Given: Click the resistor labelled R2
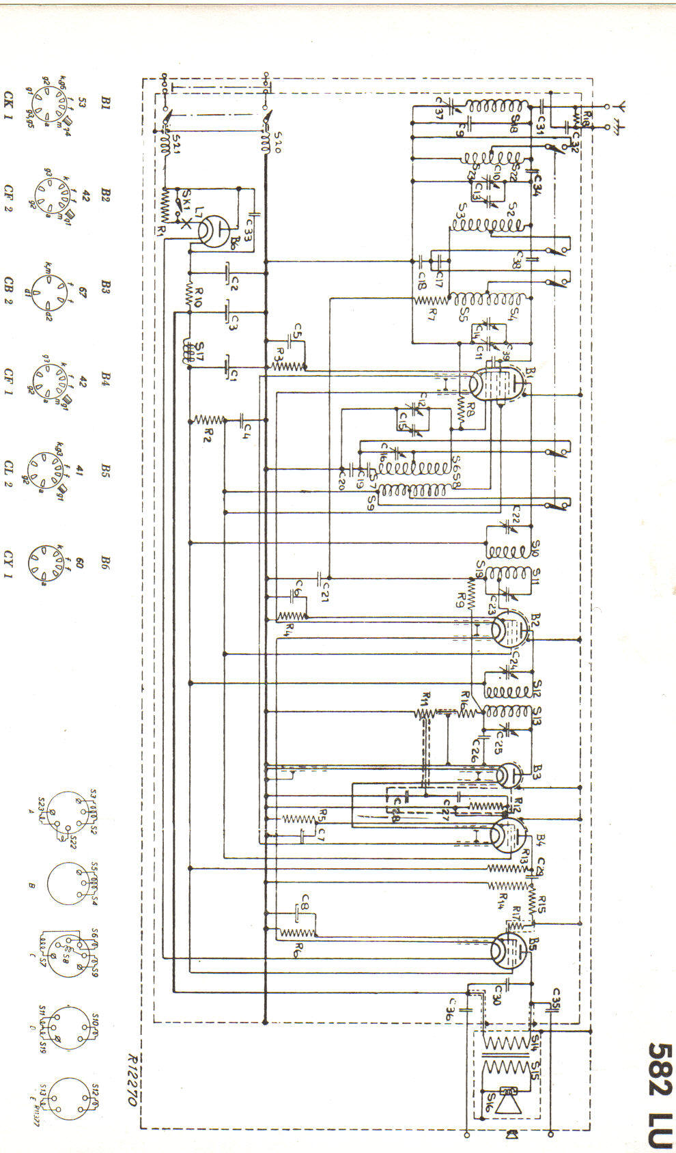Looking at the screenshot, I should (x=209, y=419).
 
